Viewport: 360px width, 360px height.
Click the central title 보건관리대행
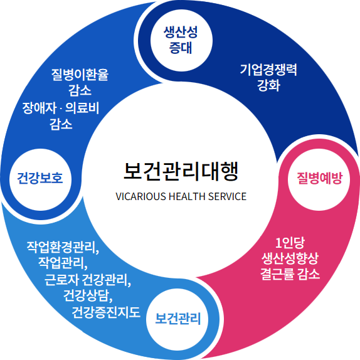coord(181,171)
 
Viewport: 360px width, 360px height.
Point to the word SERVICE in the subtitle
coord(227,196)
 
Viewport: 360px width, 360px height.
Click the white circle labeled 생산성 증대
coord(181,40)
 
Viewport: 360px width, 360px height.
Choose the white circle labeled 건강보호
coord(40,179)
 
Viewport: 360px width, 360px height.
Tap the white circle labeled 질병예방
coord(319,179)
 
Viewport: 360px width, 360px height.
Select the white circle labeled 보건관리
coord(177,320)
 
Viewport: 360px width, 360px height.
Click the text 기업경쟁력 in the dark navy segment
coord(268,70)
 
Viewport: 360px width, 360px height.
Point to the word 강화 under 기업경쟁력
coord(268,85)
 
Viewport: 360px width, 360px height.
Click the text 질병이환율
coord(80,75)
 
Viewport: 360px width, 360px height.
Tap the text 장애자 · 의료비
coord(61,108)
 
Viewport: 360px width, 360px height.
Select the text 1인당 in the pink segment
coord(290,243)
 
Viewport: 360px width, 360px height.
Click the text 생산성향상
coord(290,258)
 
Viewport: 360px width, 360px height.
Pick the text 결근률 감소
coord(290,274)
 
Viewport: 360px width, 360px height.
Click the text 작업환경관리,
coord(63,247)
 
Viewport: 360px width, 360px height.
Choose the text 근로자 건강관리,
coord(88,280)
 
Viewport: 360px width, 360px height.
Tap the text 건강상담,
coord(88,296)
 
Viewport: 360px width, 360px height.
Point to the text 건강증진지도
coord(106,312)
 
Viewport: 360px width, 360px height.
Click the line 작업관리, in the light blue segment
coord(63,263)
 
